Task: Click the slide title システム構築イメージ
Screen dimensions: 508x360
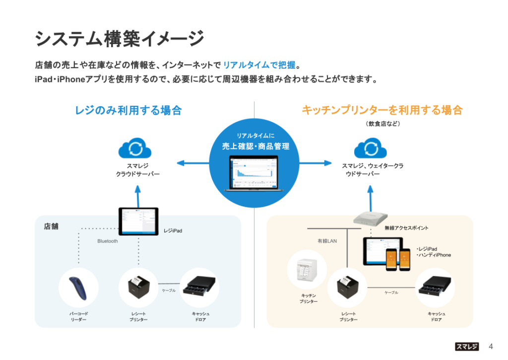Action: click(120, 39)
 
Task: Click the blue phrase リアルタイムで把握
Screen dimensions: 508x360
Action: click(259, 65)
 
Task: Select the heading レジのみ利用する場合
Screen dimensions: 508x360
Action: click(128, 110)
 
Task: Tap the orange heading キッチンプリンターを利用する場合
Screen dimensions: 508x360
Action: click(382, 110)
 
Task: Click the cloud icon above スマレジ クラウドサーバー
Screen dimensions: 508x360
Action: click(135, 148)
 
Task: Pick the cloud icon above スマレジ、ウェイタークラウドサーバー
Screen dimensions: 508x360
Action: click(370, 148)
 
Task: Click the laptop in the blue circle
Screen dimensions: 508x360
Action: click(254, 173)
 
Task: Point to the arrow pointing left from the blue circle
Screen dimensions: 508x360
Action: click(193, 163)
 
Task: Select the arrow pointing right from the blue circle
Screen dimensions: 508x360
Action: click(316, 163)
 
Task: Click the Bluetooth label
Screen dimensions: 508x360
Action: click(108, 241)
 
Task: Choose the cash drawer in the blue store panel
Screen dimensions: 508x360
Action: click(199, 286)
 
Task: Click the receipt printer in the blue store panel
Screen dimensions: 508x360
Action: click(139, 287)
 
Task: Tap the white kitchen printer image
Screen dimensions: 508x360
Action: click(307, 270)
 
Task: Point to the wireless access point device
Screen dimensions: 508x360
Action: click(370, 219)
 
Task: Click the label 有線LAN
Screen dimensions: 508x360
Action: click(327, 241)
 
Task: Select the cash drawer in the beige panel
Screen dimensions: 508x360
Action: click(435, 286)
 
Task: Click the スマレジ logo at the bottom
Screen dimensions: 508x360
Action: click(467, 347)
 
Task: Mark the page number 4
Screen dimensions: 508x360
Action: click(491, 347)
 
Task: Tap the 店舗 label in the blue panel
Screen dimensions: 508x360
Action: click(51, 226)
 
